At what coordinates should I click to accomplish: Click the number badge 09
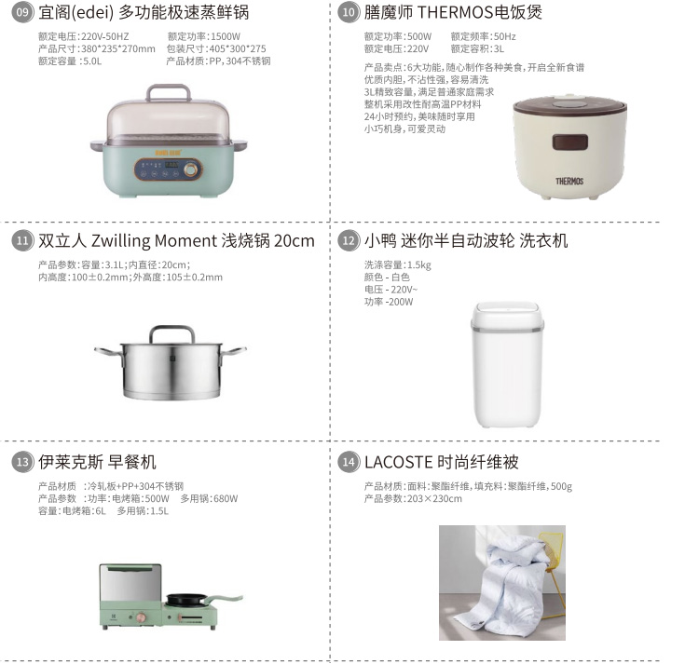pos(22,12)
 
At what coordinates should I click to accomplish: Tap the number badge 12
pos(349,240)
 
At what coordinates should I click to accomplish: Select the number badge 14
pos(349,462)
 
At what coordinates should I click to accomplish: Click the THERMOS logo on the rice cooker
pos(569,182)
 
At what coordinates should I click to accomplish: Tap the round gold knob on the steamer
pos(190,169)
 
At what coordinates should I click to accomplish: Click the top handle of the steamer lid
pos(169,92)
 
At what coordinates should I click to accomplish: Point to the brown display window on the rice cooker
pos(569,142)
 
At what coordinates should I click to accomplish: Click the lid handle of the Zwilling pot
pos(171,333)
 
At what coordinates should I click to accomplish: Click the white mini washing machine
pos(507,364)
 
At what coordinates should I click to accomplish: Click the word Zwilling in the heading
pos(120,240)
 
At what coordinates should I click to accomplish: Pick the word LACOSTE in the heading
pos(399,462)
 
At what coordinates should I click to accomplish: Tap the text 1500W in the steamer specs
pos(226,36)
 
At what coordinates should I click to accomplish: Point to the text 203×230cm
pos(434,498)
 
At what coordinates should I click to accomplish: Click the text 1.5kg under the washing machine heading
pos(419,265)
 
